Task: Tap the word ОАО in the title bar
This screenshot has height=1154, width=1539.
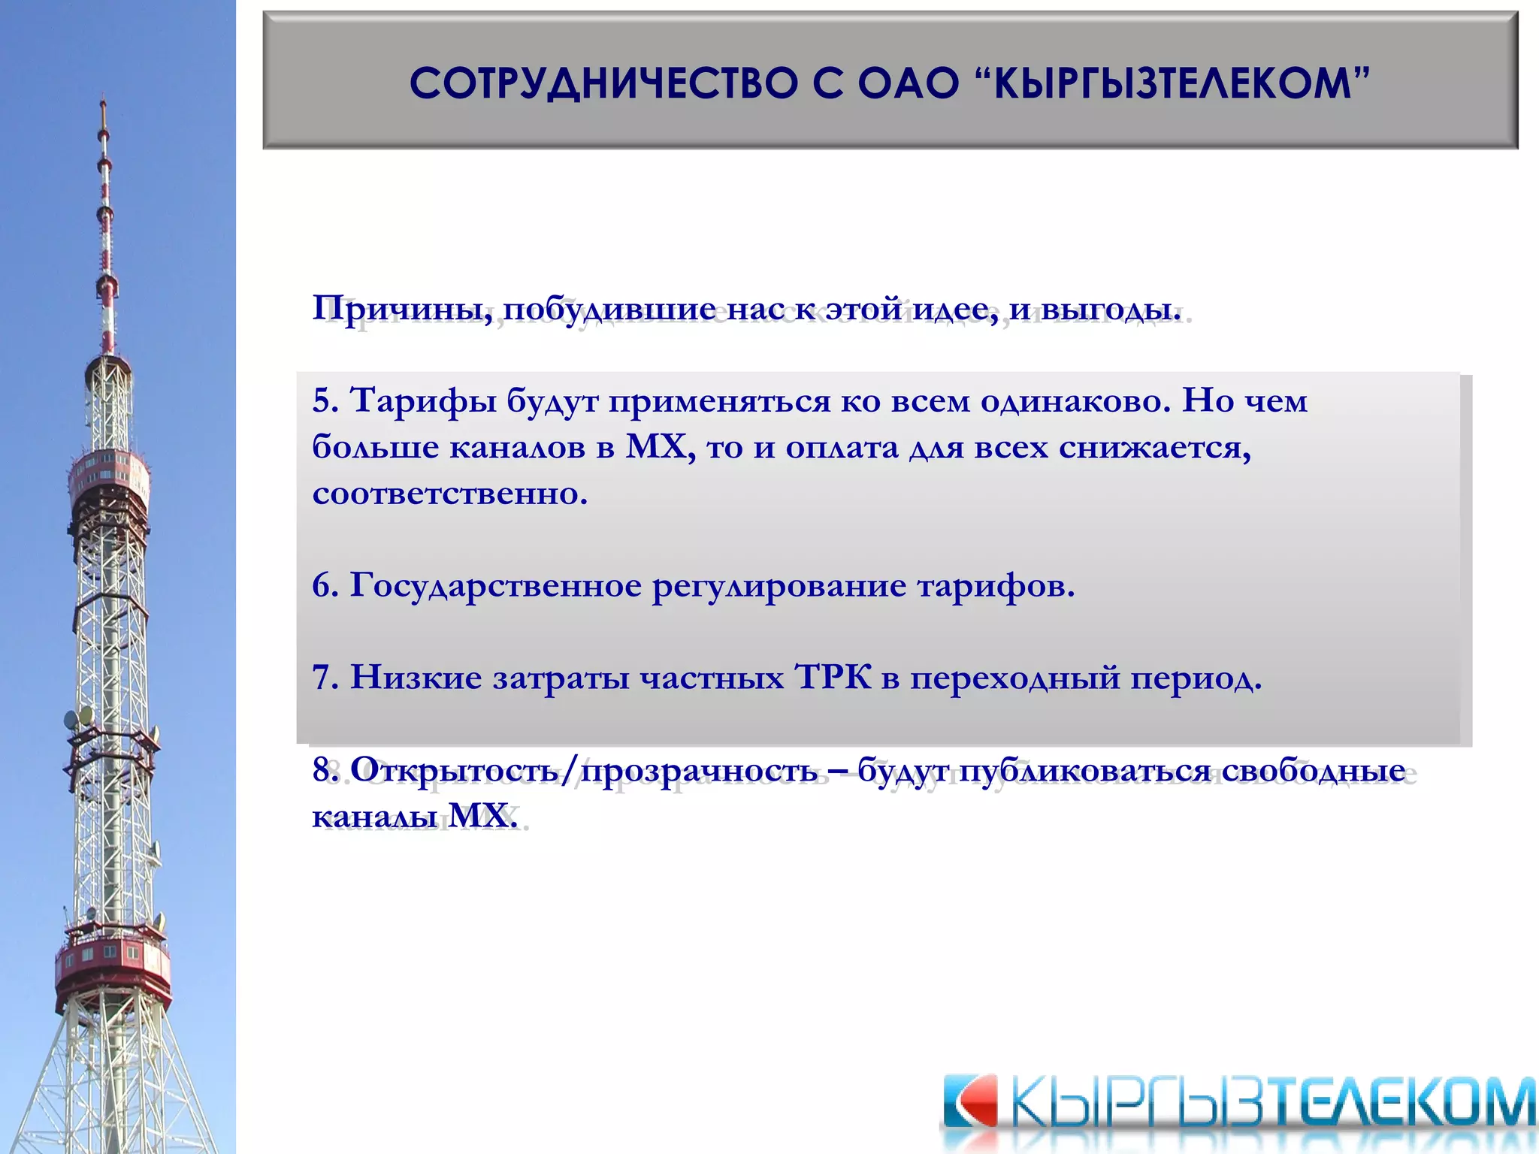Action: (x=908, y=83)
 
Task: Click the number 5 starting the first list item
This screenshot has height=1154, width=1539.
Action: (x=322, y=401)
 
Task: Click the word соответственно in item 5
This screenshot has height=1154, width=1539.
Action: (x=449, y=494)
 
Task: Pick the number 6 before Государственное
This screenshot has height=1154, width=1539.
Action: (x=322, y=586)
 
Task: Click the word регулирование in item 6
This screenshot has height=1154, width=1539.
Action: (x=779, y=586)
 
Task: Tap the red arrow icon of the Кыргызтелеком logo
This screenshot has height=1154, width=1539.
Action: (x=969, y=1102)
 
